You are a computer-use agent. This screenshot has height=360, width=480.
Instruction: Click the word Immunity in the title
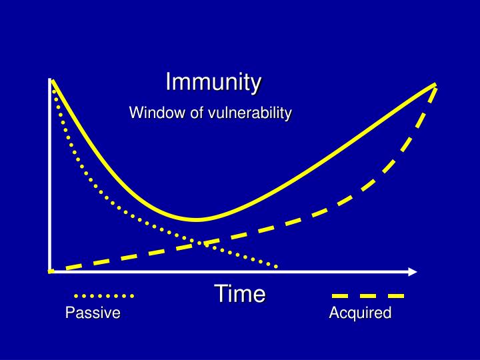(213, 82)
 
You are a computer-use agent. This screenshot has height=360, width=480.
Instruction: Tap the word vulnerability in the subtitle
(250, 113)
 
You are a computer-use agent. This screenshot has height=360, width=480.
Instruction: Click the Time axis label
(240, 293)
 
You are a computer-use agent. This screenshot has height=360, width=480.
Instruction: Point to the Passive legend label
(93, 313)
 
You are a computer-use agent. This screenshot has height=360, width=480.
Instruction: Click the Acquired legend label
(360, 313)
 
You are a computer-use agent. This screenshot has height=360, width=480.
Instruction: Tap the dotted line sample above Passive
(104, 296)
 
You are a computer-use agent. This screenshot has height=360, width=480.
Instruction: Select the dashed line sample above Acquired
(368, 296)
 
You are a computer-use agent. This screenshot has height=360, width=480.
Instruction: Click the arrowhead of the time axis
(413, 272)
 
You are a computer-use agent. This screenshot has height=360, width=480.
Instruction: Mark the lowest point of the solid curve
(196, 219)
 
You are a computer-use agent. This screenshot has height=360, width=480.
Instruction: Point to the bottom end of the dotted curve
(276, 267)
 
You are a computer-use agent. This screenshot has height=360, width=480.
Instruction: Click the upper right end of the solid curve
(435, 84)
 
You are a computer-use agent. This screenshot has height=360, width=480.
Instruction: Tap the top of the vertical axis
(49, 79)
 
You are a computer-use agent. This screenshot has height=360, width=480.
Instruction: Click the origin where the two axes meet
(50, 271)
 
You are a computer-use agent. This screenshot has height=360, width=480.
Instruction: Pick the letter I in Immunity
(168, 82)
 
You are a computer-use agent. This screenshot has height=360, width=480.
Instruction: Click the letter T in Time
(221, 293)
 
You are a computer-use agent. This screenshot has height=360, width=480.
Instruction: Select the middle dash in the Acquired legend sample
(368, 296)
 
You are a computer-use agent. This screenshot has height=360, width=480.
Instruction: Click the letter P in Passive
(70, 313)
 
